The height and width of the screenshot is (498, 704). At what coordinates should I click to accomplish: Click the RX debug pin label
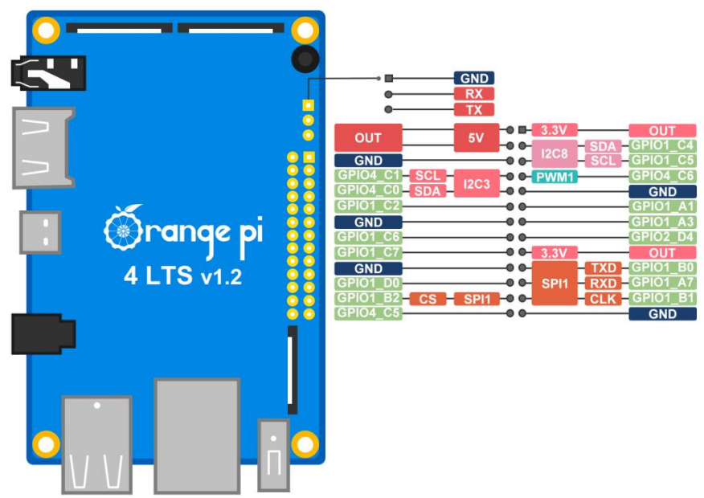[x=473, y=94]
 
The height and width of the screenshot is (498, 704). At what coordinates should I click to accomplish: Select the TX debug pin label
[x=473, y=109]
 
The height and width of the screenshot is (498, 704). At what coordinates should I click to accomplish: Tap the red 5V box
[x=475, y=137]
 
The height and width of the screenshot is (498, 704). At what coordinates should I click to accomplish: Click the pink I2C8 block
[x=555, y=153]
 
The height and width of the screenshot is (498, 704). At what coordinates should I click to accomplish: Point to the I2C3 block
[x=476, y=183]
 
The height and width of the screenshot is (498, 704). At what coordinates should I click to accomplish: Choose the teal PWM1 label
[x=555, y=176]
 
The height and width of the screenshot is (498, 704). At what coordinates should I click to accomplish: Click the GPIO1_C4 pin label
[x=662, y=145]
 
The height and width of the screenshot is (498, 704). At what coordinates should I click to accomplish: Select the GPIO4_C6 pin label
[x=662, y=176]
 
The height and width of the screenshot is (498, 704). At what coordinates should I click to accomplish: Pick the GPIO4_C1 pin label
[x=368, y=176]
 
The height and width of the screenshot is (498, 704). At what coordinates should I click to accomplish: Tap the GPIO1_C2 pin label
[x=368, y=206]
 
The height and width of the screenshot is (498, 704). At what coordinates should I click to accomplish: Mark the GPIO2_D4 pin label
[x=662, y=237]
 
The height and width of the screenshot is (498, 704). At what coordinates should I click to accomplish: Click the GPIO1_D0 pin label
[x=368, y=283]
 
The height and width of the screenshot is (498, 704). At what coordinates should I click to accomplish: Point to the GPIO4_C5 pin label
[x=368, y=313]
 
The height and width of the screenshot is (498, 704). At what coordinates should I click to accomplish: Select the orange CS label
[x=428, y=299]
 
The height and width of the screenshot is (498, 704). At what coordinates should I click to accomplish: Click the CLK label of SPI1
[x=603, y=299]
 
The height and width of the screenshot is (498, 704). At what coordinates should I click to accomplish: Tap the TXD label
[x=603, y=267]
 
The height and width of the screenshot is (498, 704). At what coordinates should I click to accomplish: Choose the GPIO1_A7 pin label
[x=662, y=283]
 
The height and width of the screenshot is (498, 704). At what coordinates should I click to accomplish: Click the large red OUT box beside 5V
[x=368, y=137]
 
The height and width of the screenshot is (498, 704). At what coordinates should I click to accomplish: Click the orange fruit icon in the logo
[x=121, y=231]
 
